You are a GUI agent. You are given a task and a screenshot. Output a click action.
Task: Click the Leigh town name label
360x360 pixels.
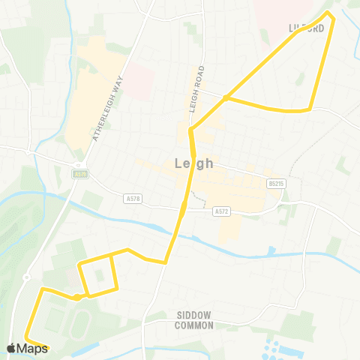coord(193,163)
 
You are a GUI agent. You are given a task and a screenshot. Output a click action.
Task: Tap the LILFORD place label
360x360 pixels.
coord(306,28)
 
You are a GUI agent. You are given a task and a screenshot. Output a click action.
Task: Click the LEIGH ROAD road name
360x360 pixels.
coord(197,87)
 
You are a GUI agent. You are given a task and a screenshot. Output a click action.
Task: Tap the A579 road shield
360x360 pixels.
coord(80,174)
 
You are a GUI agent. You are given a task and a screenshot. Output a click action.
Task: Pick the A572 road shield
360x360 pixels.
coord(220,211)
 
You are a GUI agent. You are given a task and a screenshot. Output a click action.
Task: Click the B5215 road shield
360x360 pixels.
coord(277,182)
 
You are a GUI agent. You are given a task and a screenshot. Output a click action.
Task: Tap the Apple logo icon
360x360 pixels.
coord(11,348)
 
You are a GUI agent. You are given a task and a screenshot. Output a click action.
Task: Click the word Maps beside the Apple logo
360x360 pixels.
coord(32,348)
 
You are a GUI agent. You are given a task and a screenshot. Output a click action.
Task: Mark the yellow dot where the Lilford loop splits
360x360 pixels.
coord(226,97)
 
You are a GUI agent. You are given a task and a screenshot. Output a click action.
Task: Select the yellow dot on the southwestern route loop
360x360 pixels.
coord(77,297)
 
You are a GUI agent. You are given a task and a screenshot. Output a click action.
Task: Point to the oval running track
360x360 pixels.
coord(80,323)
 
